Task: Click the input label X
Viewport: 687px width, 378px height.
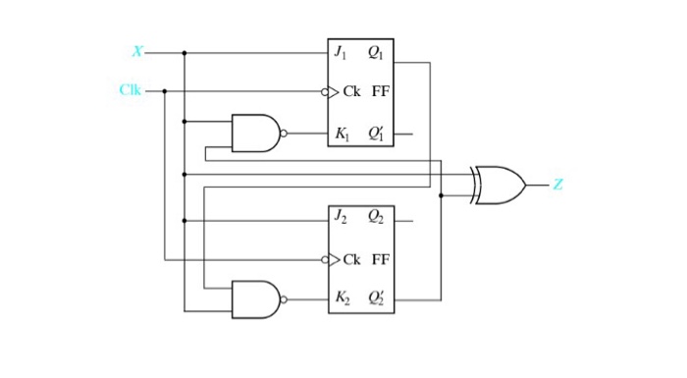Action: pos(137,51)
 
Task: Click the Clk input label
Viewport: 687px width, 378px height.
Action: pos(131,90)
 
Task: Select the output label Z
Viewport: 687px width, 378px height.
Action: pos(557,184)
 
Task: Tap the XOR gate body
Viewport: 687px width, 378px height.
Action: pos(499,185)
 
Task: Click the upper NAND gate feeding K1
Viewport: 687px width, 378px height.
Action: pos(255,133)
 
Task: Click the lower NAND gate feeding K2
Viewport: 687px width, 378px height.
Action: pos(255,299)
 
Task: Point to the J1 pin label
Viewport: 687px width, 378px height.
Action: pos(341,52)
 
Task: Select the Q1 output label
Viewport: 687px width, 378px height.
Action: pos(377,52)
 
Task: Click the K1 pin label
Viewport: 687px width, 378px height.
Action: pos(342,134)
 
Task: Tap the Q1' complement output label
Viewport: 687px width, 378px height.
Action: pos(377,134)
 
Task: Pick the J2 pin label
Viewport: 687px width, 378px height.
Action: pos(341,218)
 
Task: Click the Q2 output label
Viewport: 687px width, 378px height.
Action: pos(377,218)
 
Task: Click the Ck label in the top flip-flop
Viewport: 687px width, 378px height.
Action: pos(352,91)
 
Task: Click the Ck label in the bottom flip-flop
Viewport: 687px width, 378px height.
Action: pos(352,259)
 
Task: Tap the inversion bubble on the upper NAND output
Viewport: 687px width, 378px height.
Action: pos(284,133)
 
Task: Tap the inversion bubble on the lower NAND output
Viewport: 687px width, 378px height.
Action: pos(284,299)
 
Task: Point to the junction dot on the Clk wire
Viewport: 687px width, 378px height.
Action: pos(164,91)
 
